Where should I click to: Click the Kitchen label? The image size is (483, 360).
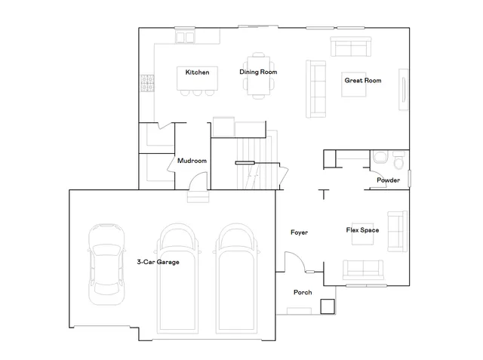click(197, 72)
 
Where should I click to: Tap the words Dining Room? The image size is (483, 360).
click(258, 72)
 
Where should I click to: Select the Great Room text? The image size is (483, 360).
click(362, 80)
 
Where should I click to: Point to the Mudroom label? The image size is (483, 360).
click(192, 161)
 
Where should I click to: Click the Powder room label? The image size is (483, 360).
click(388, 180)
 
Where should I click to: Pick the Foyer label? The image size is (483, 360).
click(299, 232)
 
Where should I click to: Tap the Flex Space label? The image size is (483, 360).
click(362, 230)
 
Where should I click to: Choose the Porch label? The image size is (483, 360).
click(303, 293)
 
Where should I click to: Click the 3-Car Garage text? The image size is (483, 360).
click(158, 262)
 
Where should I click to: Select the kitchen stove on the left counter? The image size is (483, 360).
click(145, 82)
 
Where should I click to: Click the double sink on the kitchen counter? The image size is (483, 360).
click(185, 35)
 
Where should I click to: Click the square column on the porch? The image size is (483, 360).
click(327, 306)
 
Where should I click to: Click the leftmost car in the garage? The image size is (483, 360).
click(104, 264)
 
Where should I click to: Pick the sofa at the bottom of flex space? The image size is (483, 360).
click(362, 269)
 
